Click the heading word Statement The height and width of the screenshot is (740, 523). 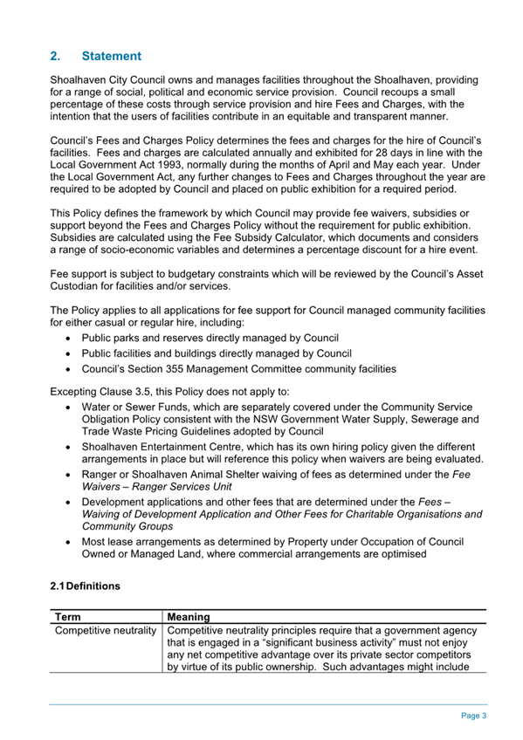pyautogui.click(x=111, y=57)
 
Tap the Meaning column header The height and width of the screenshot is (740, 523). pyautogui.click(x=189, y=615)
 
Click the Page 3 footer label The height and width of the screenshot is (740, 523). pyautogui.click(x=472, y=716)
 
